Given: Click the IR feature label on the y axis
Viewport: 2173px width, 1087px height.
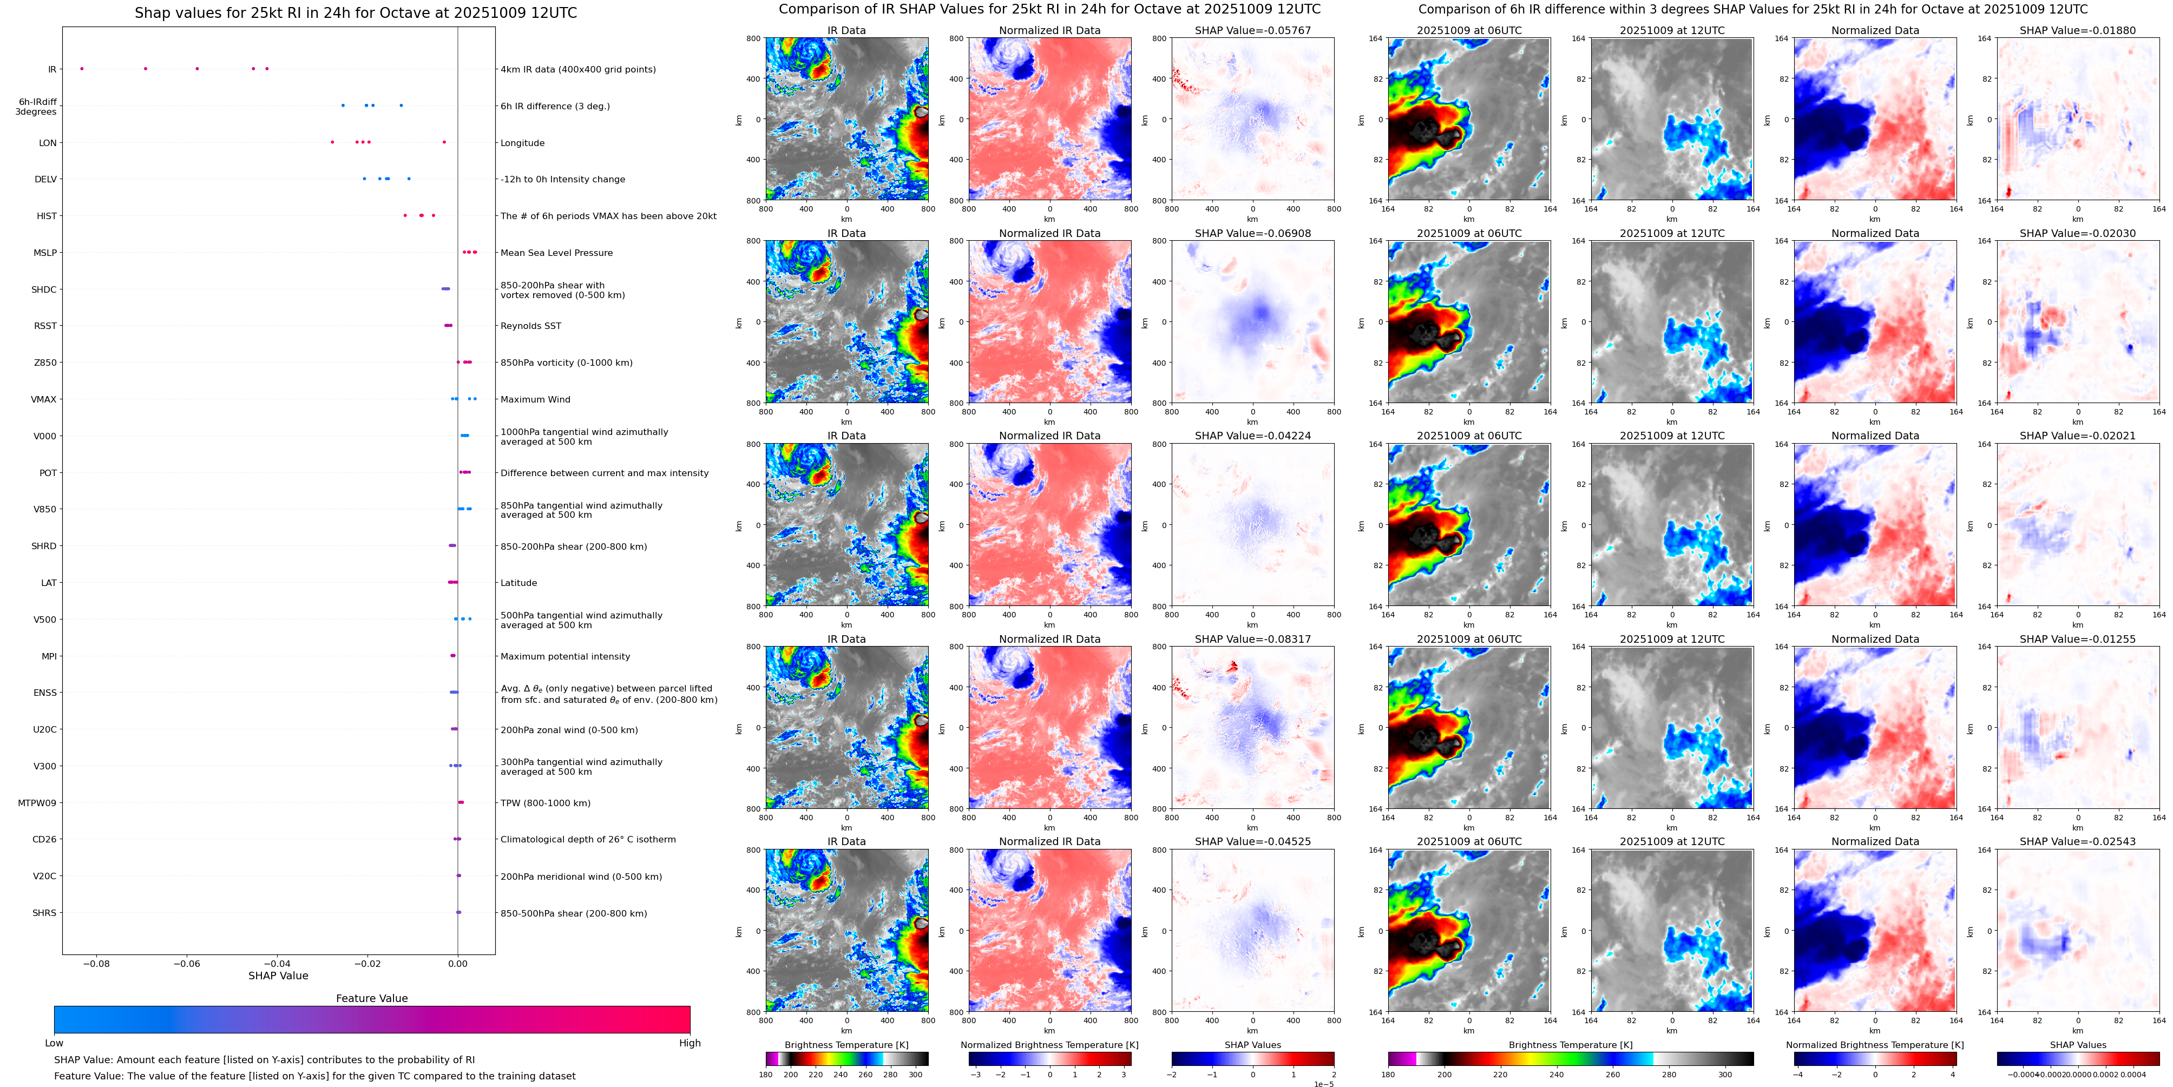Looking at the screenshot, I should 51,69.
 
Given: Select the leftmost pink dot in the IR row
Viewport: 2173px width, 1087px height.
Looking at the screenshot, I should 82,68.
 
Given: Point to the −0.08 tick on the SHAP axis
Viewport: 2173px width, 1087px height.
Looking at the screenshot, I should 96,963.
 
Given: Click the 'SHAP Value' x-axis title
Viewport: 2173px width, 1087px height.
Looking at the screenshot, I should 278,976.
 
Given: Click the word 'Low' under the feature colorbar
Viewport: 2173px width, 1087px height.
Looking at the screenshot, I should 54,1043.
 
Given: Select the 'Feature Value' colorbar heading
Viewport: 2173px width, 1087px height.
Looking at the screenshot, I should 371,998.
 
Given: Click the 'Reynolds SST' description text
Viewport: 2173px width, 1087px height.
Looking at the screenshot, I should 530,326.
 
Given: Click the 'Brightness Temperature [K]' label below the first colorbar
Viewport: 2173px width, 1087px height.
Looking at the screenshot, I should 846,1045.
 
